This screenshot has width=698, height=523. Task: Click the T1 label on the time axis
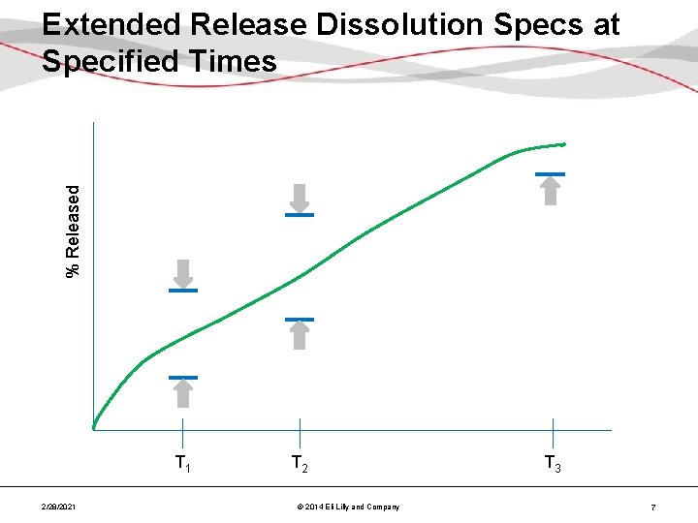click(182, 464)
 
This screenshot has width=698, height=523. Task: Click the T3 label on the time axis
click(552, 464)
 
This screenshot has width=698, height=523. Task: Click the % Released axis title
click(74, 231)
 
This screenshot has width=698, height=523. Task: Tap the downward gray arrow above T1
click(182, 272)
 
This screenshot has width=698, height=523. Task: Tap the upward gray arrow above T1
click(182, 393)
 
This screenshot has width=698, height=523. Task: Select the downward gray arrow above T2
click(300, 198)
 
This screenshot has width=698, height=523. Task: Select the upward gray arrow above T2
click(300, 334)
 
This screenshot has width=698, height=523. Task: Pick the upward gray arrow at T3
click(550, 191)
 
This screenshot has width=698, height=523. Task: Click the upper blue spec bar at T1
click(182, 291)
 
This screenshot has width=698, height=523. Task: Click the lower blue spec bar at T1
click(182, 377)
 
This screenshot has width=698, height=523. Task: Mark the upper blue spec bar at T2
click(300, 215)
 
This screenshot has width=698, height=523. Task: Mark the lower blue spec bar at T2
click(300, 319)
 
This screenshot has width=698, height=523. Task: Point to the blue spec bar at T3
click(550, 174)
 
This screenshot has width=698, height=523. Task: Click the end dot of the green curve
click(563, 144)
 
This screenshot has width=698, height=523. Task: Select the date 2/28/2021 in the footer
click(60, 508)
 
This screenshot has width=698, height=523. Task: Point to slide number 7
click(654, 508)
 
